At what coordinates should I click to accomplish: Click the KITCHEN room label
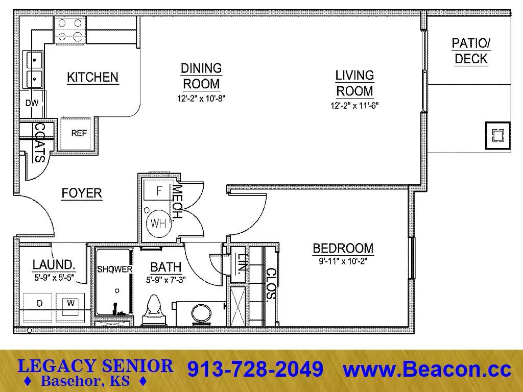(93, 78)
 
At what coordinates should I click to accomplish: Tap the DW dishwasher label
(32, 103)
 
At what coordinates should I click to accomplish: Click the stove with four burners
(70, 31)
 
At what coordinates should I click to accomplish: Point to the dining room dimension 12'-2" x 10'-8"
(201, 99)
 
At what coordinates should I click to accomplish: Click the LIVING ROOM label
(354, 83)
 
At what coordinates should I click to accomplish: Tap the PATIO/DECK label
(471, 51)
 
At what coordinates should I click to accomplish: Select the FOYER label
(82, 193)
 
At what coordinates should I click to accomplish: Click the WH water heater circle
(158, 224)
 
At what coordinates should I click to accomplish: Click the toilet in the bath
(153, 311)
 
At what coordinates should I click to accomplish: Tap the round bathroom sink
(201, 314)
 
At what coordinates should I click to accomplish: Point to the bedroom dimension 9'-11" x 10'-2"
(343, 261)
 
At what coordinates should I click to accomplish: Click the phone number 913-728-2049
(255, 369)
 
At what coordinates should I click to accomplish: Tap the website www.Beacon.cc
(427, 369)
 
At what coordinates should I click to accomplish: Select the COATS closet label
(40, 143)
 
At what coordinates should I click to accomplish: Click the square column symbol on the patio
(498, 136)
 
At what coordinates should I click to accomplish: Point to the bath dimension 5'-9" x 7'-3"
(166, 280)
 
